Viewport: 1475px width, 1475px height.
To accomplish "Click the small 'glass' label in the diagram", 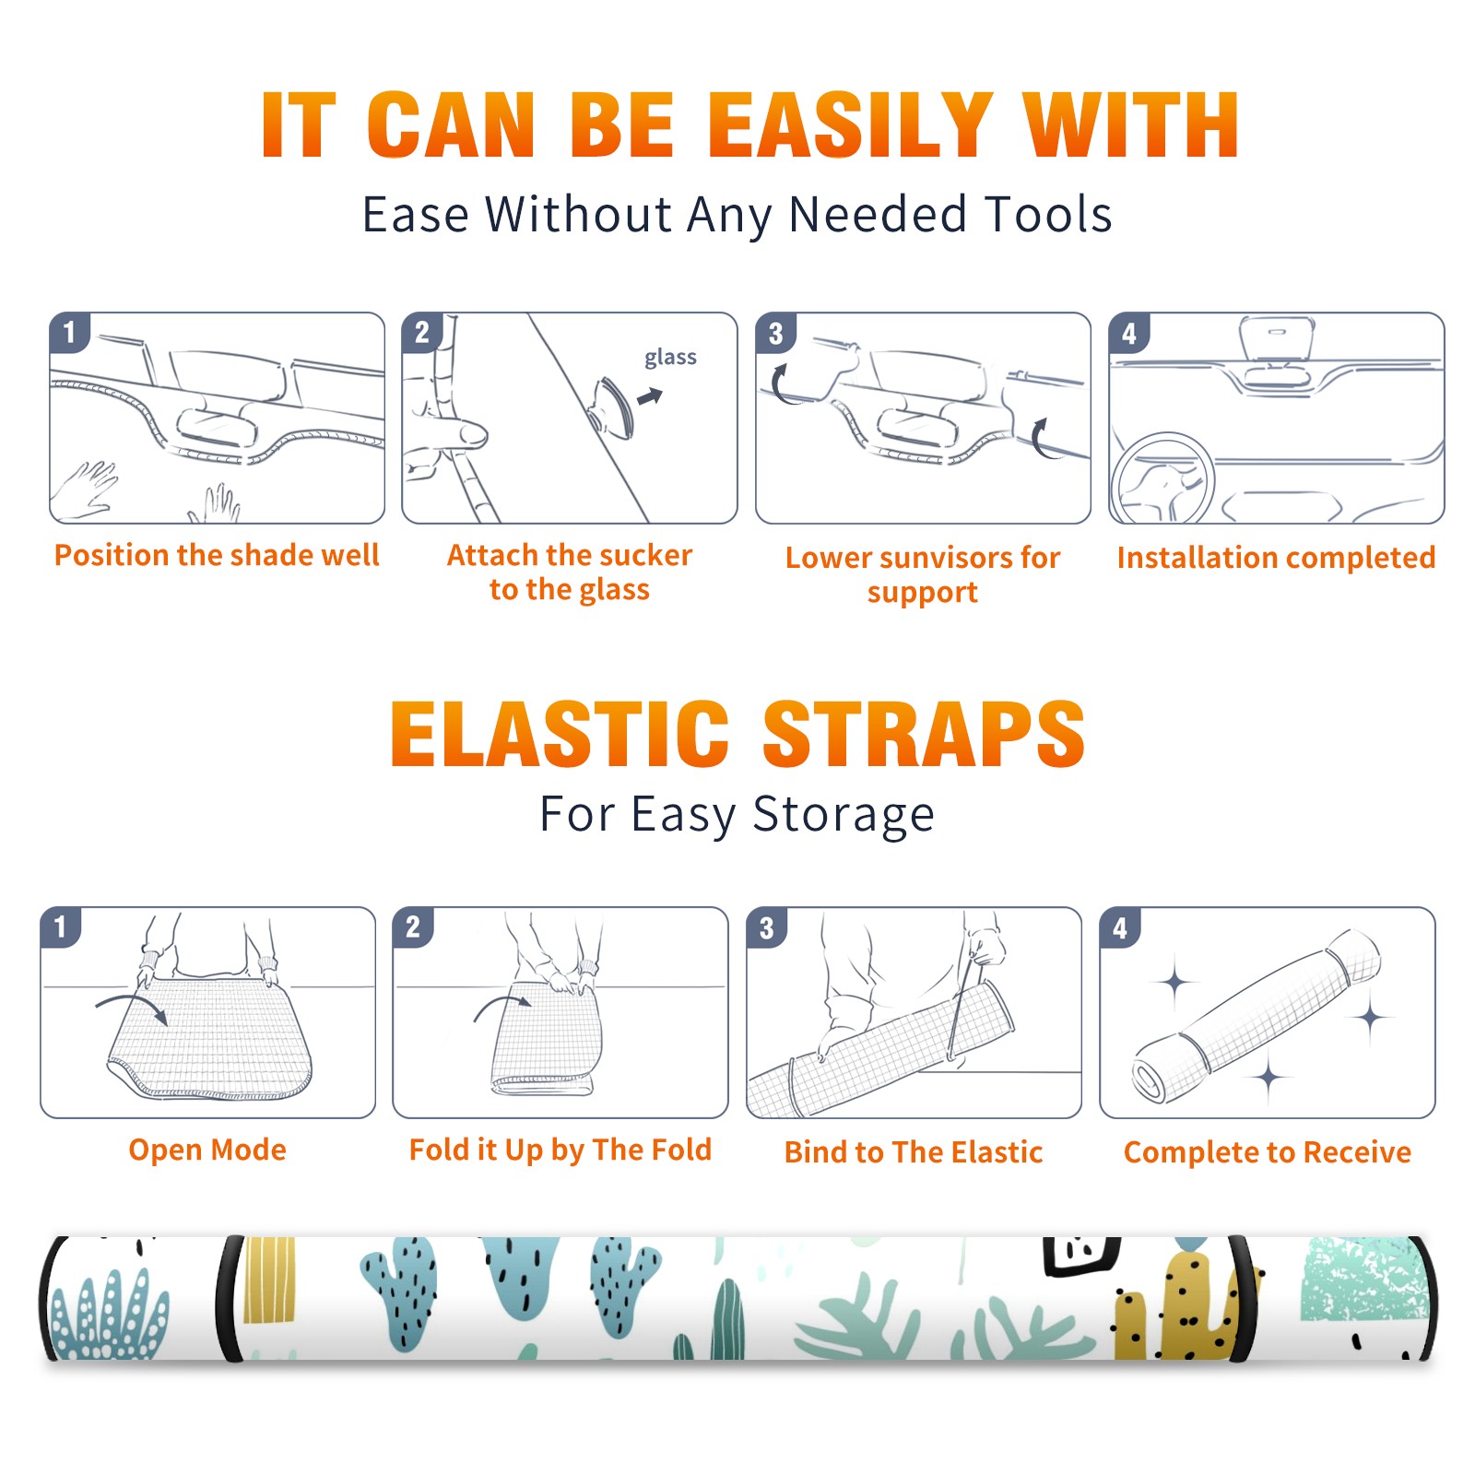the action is tap(670, 358).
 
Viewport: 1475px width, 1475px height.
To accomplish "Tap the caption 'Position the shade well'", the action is tap(217, 555).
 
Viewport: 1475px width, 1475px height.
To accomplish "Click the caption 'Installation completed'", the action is tap(1276, 557).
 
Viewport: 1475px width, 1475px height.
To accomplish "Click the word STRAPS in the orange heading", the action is tap(924, 734).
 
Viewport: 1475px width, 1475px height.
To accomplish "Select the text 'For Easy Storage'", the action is tap(737, 814).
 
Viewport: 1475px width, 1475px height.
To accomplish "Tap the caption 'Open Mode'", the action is tap(207, 1150).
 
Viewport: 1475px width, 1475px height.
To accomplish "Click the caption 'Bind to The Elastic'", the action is tap(914, 1152).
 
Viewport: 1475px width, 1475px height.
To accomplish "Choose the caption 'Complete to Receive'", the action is tap(1268, 1152).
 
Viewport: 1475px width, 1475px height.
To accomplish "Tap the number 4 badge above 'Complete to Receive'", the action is tap(1120, 927).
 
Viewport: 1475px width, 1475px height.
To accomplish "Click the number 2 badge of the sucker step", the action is tap(422, 333).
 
